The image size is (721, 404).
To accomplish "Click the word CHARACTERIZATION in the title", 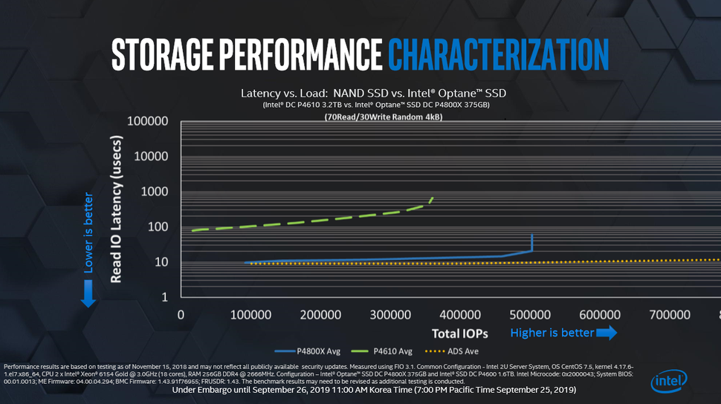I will click(498, 53).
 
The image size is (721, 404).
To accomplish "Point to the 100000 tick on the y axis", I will click(148, 121).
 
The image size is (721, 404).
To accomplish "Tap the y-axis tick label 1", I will click(165, 297).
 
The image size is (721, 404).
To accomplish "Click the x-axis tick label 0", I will click(181, 315).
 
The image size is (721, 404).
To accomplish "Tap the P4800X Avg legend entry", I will click(300, 351).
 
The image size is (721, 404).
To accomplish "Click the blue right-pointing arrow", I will click(607, 333).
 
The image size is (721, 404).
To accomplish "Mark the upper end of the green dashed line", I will click(433, 198).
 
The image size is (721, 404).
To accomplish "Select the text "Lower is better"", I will click(88, 233).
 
